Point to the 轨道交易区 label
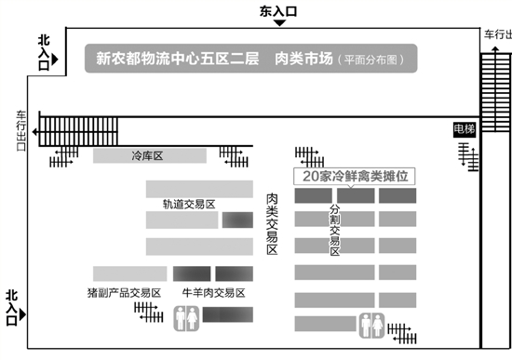[x=189, y=204]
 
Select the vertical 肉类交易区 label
[x=273, y=224]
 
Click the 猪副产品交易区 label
[x=117, y=292]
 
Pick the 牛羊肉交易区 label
[x=213, y=292]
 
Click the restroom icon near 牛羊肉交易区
[x=184, y=318]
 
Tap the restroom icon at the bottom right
[x=371, y=325]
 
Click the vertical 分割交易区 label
[x=334, y=231]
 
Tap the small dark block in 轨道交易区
[x=236, y=220]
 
